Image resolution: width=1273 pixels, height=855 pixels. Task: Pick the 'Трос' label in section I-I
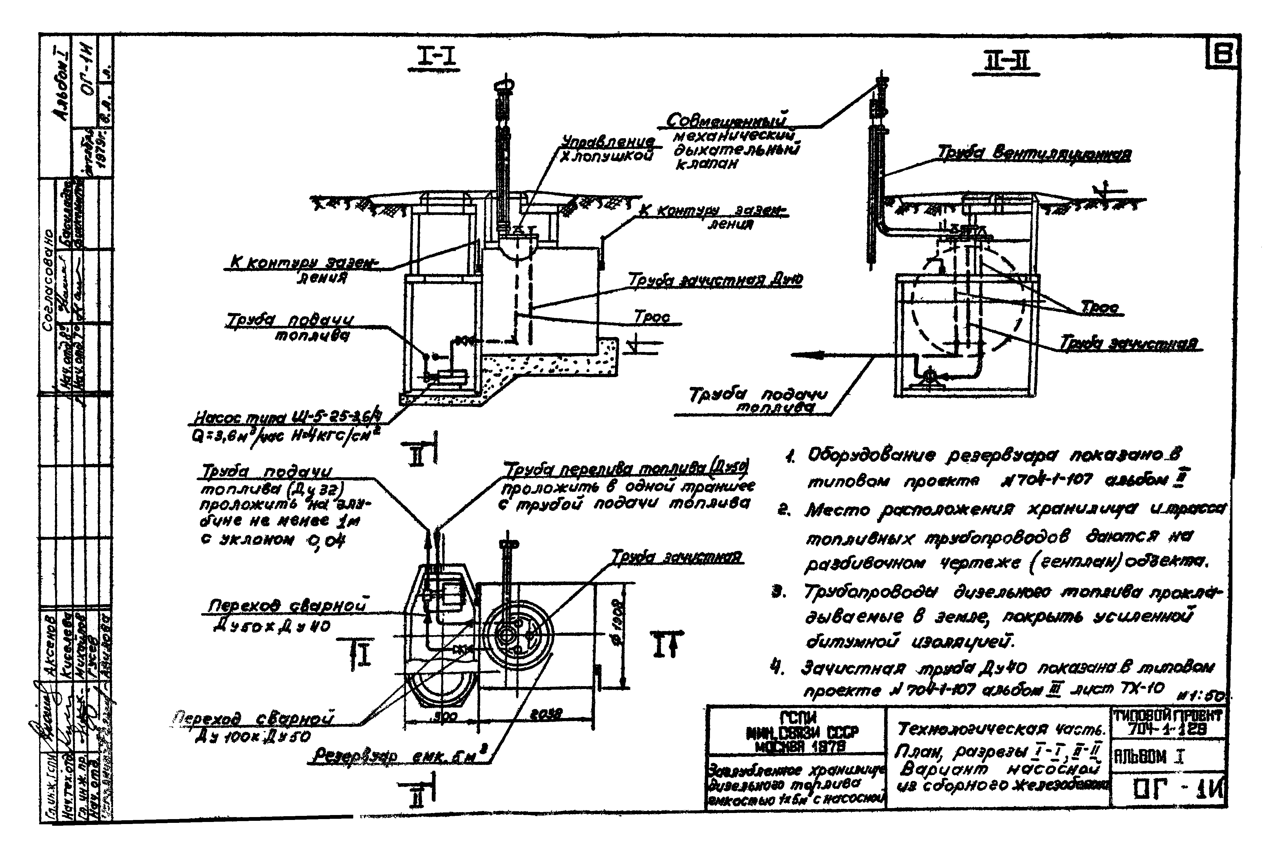coord(652,317)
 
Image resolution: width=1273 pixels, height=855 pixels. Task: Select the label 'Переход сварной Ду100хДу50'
coord(254,727)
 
